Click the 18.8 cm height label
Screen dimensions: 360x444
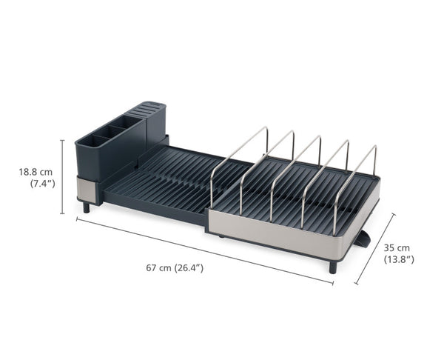36,172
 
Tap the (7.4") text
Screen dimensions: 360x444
41,183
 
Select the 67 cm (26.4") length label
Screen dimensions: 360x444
175,267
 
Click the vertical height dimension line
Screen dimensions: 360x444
61,176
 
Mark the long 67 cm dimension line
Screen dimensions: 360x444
200,250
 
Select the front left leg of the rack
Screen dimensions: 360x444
87,207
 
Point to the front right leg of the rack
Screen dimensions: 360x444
332,266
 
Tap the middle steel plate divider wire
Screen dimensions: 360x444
296,167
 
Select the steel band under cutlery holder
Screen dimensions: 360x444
87,190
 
